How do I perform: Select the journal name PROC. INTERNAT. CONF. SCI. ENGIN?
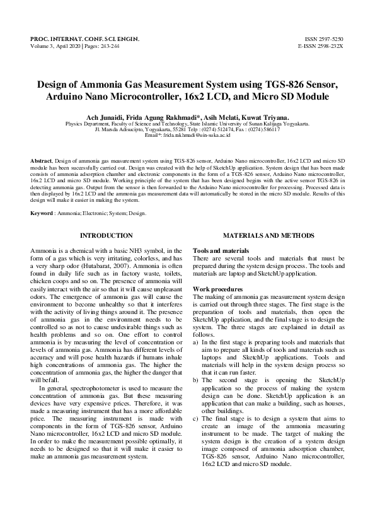click(x=85, y=39)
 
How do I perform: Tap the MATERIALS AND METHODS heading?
click(x=268, y=235)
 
